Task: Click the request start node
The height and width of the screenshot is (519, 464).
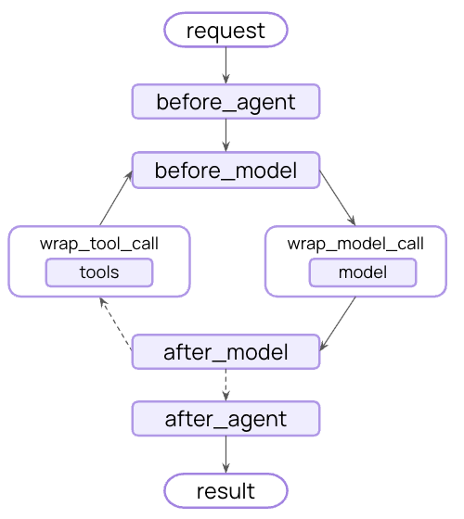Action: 226,31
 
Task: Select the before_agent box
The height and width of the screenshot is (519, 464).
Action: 226,102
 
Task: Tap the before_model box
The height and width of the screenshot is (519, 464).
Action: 226,171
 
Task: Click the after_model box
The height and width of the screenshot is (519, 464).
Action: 226,352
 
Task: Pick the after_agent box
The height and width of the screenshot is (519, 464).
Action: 226,419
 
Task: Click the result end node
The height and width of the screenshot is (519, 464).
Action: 226,489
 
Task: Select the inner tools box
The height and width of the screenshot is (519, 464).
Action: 99,272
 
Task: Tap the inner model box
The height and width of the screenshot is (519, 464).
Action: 362,272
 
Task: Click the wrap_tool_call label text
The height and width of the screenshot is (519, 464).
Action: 99,245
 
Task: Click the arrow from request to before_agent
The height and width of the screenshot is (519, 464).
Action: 226,66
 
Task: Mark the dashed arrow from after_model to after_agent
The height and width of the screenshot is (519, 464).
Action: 226,385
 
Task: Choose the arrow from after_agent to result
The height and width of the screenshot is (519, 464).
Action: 226,454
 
